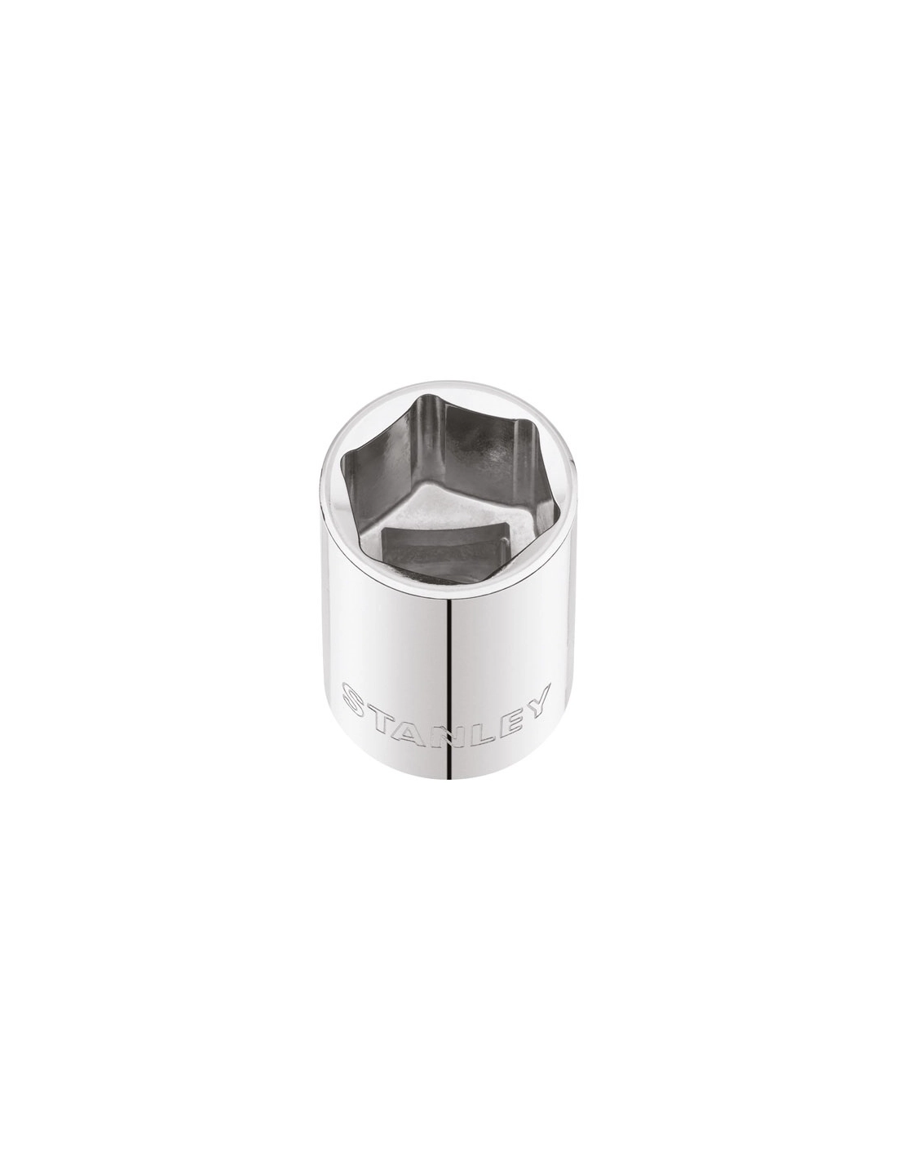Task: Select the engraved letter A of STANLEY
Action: [418, 715]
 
